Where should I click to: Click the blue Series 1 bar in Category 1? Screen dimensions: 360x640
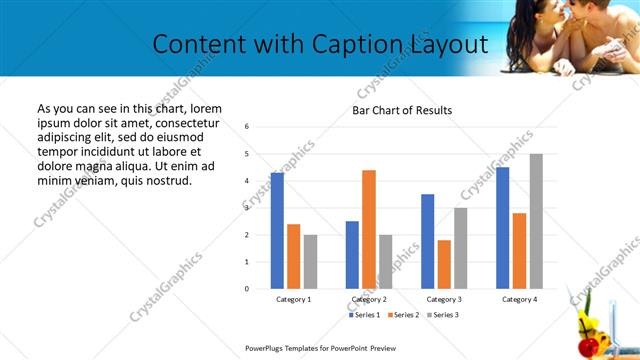(x=277, y=231)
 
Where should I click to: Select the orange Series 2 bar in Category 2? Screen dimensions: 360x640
(x=369, y=229)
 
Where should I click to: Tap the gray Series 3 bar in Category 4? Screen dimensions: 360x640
(x=536, y=221)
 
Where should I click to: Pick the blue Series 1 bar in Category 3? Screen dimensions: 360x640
(x=428, y=241)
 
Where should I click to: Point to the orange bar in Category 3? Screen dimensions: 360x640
(x=444, y=264)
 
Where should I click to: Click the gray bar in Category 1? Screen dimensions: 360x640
(x=310, y=261)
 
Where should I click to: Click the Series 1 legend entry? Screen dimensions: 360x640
(x=364, y=315)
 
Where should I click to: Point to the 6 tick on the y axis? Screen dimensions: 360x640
(x=247, y=127)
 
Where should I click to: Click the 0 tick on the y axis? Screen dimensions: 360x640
(x=247, y=289)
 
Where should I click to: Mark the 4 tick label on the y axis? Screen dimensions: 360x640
(x=247, y=181)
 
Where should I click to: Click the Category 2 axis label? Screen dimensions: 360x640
(x=369, y=299)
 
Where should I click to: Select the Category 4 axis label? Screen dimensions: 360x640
(x=519, y=299)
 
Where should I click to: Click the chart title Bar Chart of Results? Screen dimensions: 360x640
(x=402, y=110)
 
